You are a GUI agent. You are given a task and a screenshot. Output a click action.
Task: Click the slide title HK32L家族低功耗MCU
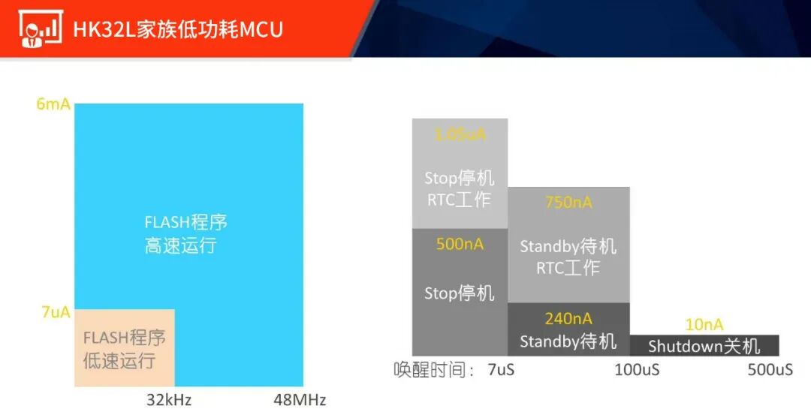point(177,29)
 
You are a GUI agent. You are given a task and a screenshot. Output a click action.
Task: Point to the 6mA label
point(53,104)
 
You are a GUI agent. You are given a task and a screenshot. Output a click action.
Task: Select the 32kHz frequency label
point(169,399)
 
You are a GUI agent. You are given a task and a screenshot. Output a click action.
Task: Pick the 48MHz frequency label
point(300,399)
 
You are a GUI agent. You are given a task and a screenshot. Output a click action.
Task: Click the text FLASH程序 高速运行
point(185,234)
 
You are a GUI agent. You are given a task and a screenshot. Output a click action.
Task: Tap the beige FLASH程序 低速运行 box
point(124,348)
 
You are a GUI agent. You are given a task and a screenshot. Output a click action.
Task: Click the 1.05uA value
point(460,135)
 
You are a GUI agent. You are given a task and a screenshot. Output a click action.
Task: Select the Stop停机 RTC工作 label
point(460,189)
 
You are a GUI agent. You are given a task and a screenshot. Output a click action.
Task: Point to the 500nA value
point(460,245)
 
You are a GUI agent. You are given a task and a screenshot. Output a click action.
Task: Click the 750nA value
point(568,203)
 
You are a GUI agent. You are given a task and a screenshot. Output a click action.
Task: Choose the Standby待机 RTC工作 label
point(568,257)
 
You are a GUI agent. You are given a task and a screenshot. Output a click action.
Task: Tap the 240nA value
point(568,319)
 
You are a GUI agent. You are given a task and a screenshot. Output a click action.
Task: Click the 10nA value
point(704,324)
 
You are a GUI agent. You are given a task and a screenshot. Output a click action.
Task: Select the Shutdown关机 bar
point(704,346)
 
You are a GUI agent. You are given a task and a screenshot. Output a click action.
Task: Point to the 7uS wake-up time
point(501,370)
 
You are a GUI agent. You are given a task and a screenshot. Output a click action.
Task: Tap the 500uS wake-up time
point(770,370)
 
